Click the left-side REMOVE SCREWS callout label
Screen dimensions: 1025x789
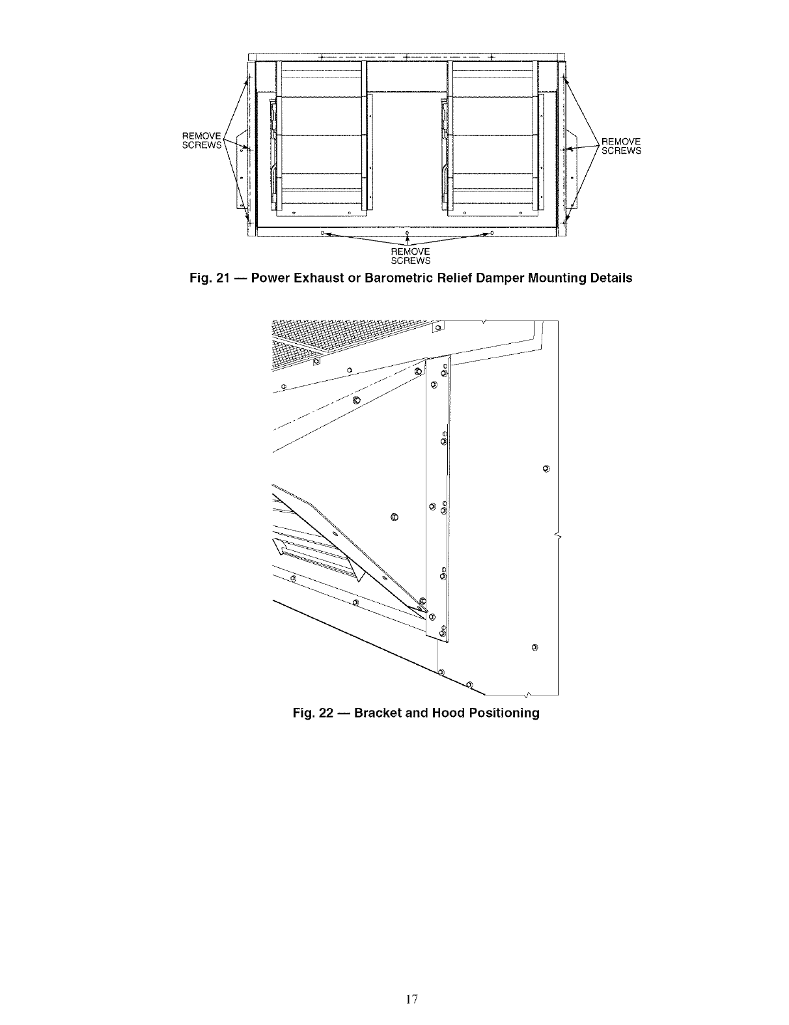[202, 141]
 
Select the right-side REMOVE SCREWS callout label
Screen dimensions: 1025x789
[621, 146]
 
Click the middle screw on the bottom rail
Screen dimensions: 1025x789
[407, 232]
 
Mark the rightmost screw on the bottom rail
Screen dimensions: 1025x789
[491, 232]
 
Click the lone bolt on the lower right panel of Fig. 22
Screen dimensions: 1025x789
[534, 647]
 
